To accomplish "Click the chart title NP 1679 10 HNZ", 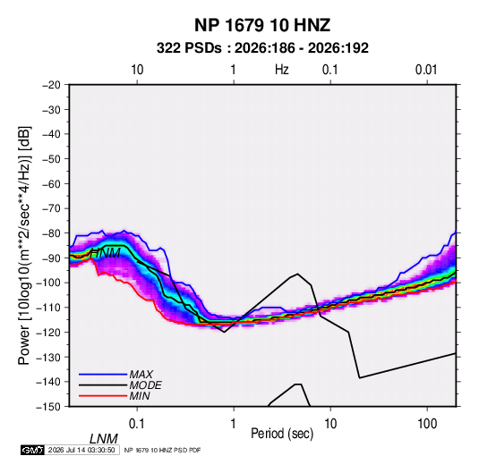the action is coord(262,25).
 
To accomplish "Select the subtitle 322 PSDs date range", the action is coord(262,48).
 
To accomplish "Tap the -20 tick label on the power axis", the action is coord(51,85).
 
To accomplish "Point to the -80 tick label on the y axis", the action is coord(51,233).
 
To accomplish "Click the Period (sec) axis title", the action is coord(282,434).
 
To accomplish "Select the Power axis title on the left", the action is coord(24,246).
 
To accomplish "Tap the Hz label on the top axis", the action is coord(282,70).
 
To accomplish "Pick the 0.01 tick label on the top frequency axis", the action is coord(426,70).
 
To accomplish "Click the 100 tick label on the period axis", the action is coord(427,424).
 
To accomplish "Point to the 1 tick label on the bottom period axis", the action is coord(234,424).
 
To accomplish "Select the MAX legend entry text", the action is coord(141,375).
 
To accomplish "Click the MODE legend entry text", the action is coord(145,385).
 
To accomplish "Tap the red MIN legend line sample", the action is coord(103,396).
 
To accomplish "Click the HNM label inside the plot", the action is coord(106,253).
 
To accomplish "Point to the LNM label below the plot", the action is coord(104,439).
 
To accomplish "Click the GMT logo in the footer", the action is coord(32,450).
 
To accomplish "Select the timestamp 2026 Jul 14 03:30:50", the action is coord(81,450).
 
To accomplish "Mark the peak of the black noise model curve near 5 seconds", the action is coord(297,274).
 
